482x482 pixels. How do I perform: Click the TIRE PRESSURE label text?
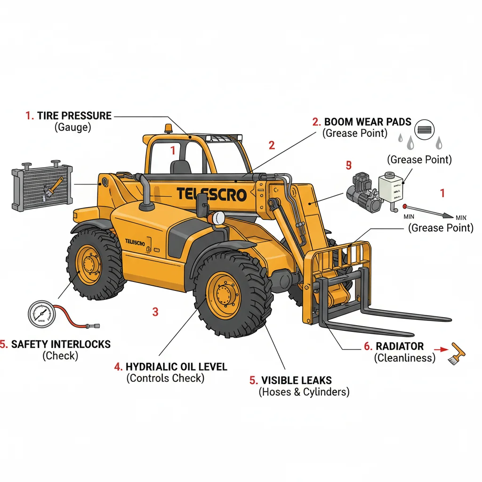(74, 116)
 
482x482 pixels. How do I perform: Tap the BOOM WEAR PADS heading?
(368, 122)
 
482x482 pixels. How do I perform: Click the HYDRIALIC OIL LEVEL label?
(176, 366)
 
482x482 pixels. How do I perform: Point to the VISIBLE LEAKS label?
(296, 380)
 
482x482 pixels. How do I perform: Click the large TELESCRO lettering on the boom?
(211, 194)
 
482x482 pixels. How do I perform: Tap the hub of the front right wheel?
(225, 295)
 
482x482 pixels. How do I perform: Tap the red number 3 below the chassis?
(155, 311)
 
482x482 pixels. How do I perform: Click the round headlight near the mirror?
(219, 217)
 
